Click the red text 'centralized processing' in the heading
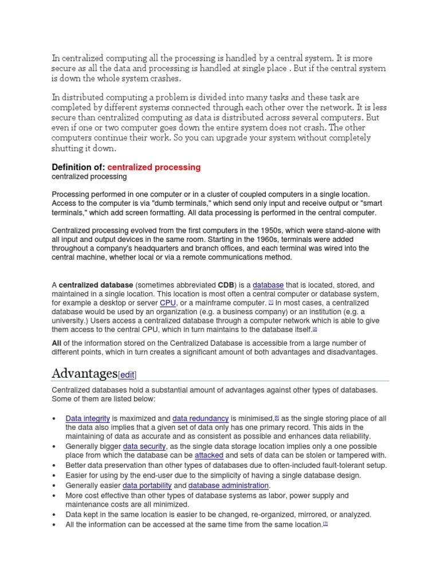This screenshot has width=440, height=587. point(154,167)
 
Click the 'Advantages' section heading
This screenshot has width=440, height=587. point(84,374)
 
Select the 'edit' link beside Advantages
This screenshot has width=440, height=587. point(127,375)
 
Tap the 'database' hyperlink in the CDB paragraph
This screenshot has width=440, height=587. point(268,285)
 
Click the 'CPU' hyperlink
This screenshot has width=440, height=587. point(168,303)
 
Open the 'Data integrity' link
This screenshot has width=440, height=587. point(88,418)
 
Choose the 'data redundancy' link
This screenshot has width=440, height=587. point(201,418)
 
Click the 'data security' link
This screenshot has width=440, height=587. point(144,446)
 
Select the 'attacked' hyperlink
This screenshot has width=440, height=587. point(209,455)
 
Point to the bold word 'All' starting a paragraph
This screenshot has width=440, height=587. point(57,343)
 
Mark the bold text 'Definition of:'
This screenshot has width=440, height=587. point(78,167)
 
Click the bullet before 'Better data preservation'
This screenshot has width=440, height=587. point(53,465)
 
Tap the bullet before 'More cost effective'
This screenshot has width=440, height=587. point(53,495)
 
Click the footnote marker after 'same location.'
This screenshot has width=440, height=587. point(325,523)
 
